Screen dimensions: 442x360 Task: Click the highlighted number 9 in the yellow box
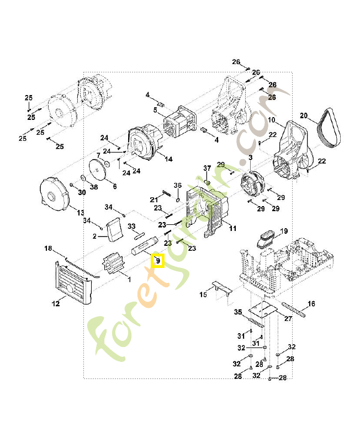point(157,260)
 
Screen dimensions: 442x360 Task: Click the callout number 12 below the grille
point(55,303)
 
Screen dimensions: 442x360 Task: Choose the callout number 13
point(80,213)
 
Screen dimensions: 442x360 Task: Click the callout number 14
point(168,159)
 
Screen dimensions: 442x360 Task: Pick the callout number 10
point(272,120)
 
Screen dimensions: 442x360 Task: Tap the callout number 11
point(232,228)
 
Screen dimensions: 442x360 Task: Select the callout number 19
point(284,230)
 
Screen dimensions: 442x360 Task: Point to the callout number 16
point(311,303)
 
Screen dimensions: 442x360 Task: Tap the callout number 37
point(207,168)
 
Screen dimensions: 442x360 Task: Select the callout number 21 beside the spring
point(154,199)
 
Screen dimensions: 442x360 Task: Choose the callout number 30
point(82,192)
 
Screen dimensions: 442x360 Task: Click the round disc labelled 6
point(99,172)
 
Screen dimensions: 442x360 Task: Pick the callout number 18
point(48,249)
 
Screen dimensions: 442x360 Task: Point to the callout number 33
point(131,227)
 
